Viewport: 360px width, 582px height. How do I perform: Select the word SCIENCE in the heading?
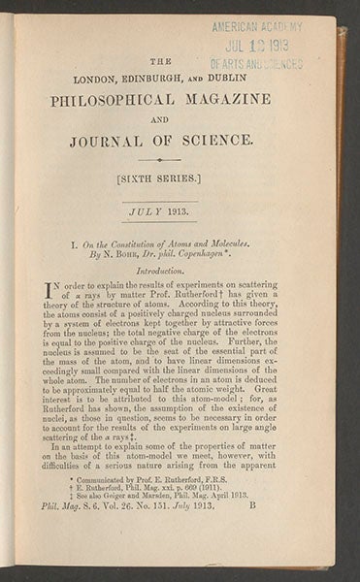click(215, 140)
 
